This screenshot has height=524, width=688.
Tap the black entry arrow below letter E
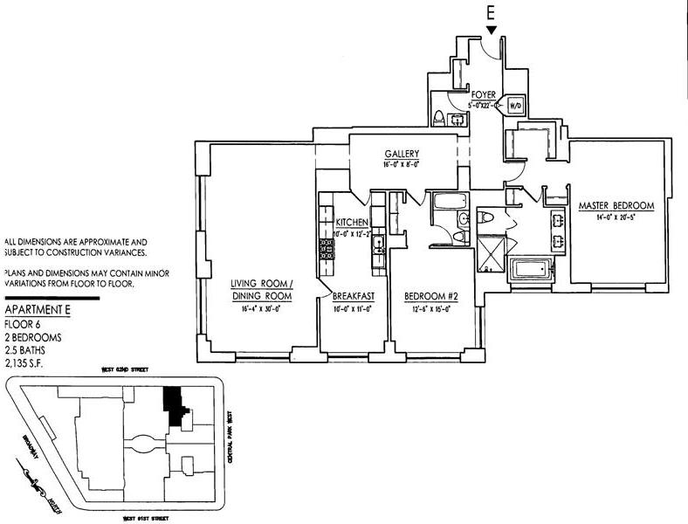click(492, 31)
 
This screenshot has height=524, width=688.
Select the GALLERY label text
click(402, 154)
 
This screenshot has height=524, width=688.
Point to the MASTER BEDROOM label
click(616, 206)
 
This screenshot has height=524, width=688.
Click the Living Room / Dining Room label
click(261, 290)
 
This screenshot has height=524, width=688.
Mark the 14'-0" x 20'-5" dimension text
click(616, 217)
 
